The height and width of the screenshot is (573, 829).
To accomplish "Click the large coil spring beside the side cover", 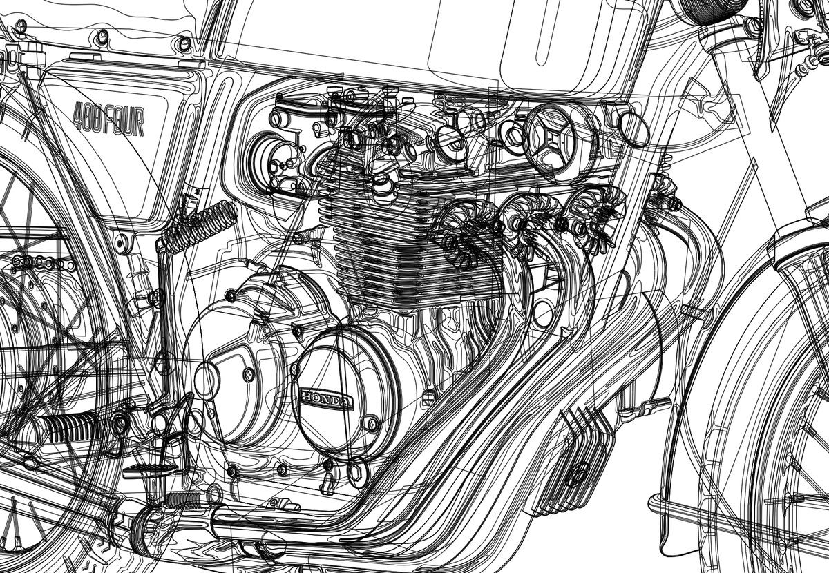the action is (x=200, y=222).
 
